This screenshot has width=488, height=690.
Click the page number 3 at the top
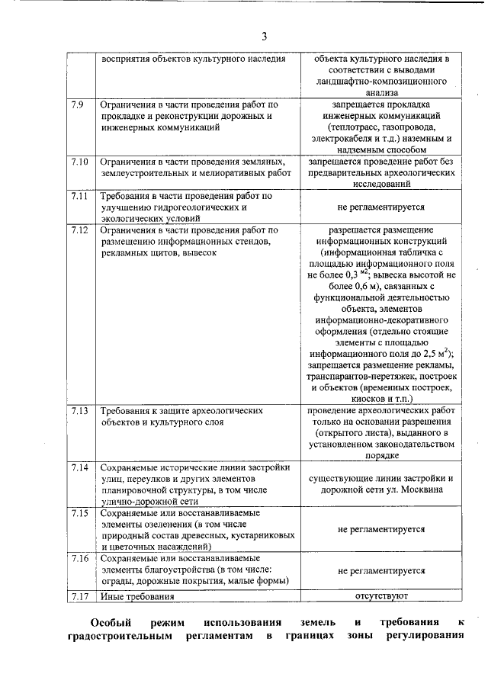tap(264, 36)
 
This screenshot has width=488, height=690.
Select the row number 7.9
tap(77, 104)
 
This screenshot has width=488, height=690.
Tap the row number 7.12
tap(79, 229)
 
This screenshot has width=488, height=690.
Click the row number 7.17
tap(79, 596)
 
